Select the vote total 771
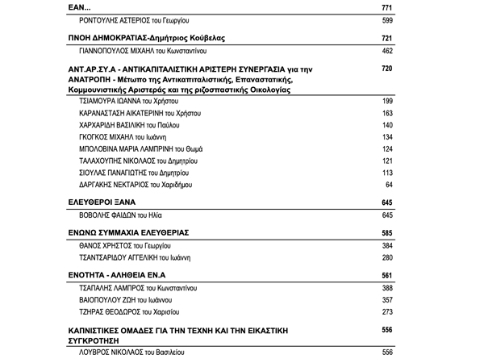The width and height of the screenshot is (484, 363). (x=386, y=7)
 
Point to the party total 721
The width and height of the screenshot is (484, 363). (x=386, y=39)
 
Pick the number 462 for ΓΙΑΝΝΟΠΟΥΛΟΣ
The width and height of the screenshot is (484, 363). (x=386, y=52)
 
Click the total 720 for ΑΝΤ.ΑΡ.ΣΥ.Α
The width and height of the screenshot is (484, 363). (x=386, y=69)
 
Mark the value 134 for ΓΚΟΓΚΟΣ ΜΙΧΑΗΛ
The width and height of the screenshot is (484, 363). (x=386, y=138)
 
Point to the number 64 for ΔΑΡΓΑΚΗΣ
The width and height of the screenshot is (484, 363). (x=389, y=186)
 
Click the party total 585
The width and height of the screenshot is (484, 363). (x=386, y=232)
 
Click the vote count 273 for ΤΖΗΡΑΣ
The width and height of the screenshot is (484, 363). (x=386, y=311)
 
